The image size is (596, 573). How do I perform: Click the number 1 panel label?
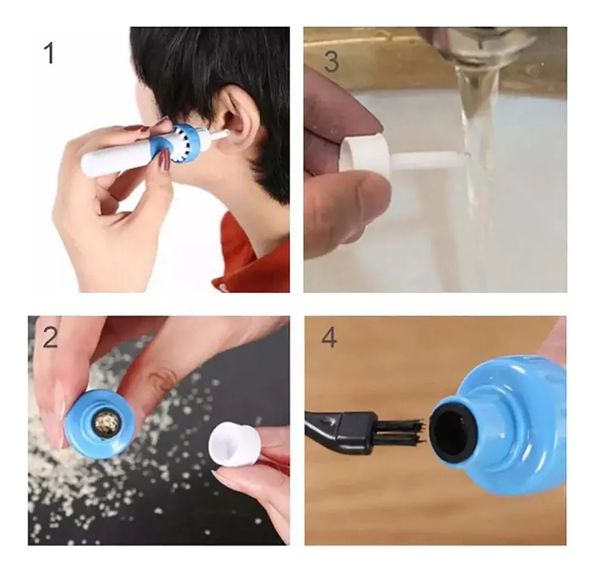pyautogui.click(x=50, y=53)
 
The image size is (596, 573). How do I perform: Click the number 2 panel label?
pyautogui.click(x=50, y=337)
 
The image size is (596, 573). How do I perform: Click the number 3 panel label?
pyautogui.click(x=330, y=61)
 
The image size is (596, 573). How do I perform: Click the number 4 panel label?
pyautogui.click(x=329, y=337)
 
